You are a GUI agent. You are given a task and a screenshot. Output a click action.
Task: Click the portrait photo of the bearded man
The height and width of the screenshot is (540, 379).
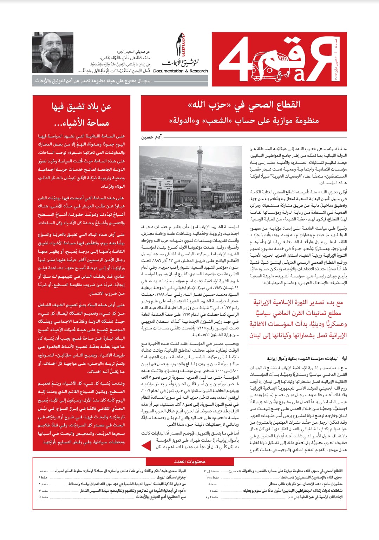click(53, 53)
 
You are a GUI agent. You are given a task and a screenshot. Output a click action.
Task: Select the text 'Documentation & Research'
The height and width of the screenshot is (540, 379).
click(181, 71)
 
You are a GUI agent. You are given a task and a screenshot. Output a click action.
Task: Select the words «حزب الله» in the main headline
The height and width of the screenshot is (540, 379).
click(207, 105)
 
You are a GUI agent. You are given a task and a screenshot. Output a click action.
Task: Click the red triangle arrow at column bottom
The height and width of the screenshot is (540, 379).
click(146, 445)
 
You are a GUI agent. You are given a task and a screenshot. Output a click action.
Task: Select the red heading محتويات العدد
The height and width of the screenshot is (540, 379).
click(190, 461)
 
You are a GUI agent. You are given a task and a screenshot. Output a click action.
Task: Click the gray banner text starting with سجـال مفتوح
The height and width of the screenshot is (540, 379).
click(93, 81)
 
